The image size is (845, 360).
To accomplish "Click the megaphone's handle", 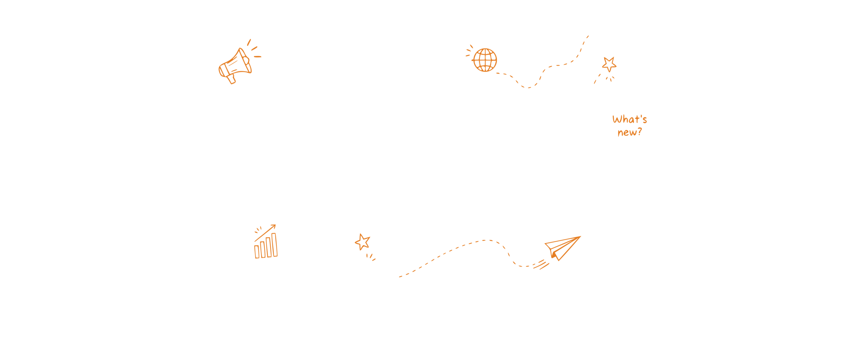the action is click(x=231, y=79).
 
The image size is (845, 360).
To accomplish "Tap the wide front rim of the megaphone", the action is click(x=245, y=60).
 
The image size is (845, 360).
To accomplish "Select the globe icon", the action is click(x=485, y=60).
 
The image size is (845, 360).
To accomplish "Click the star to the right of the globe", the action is click(x=609, y=64).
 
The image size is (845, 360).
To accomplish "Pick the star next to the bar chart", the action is click(x=363, y=242).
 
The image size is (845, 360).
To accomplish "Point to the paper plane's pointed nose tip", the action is click(x=580, y=237).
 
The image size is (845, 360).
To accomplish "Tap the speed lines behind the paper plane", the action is click(x=541, y=265).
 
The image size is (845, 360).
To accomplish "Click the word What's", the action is click(x=629, y=119).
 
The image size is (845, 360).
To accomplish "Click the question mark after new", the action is click(x=640, y=132).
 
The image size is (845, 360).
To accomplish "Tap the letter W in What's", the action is click(x=617, y=119).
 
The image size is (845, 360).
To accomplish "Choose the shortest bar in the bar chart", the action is click(x=257, y=252).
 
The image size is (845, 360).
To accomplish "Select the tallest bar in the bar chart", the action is click(x=274, y=245).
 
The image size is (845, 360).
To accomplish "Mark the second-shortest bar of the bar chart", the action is click(x=263, y=250).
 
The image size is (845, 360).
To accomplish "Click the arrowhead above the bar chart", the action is click(x=274, y=226).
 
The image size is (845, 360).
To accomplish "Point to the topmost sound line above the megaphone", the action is click(x=249, y=42).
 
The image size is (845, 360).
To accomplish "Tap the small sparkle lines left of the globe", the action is click(x=469, y=51).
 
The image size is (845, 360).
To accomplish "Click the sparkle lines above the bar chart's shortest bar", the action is click(x=258, y=230).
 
